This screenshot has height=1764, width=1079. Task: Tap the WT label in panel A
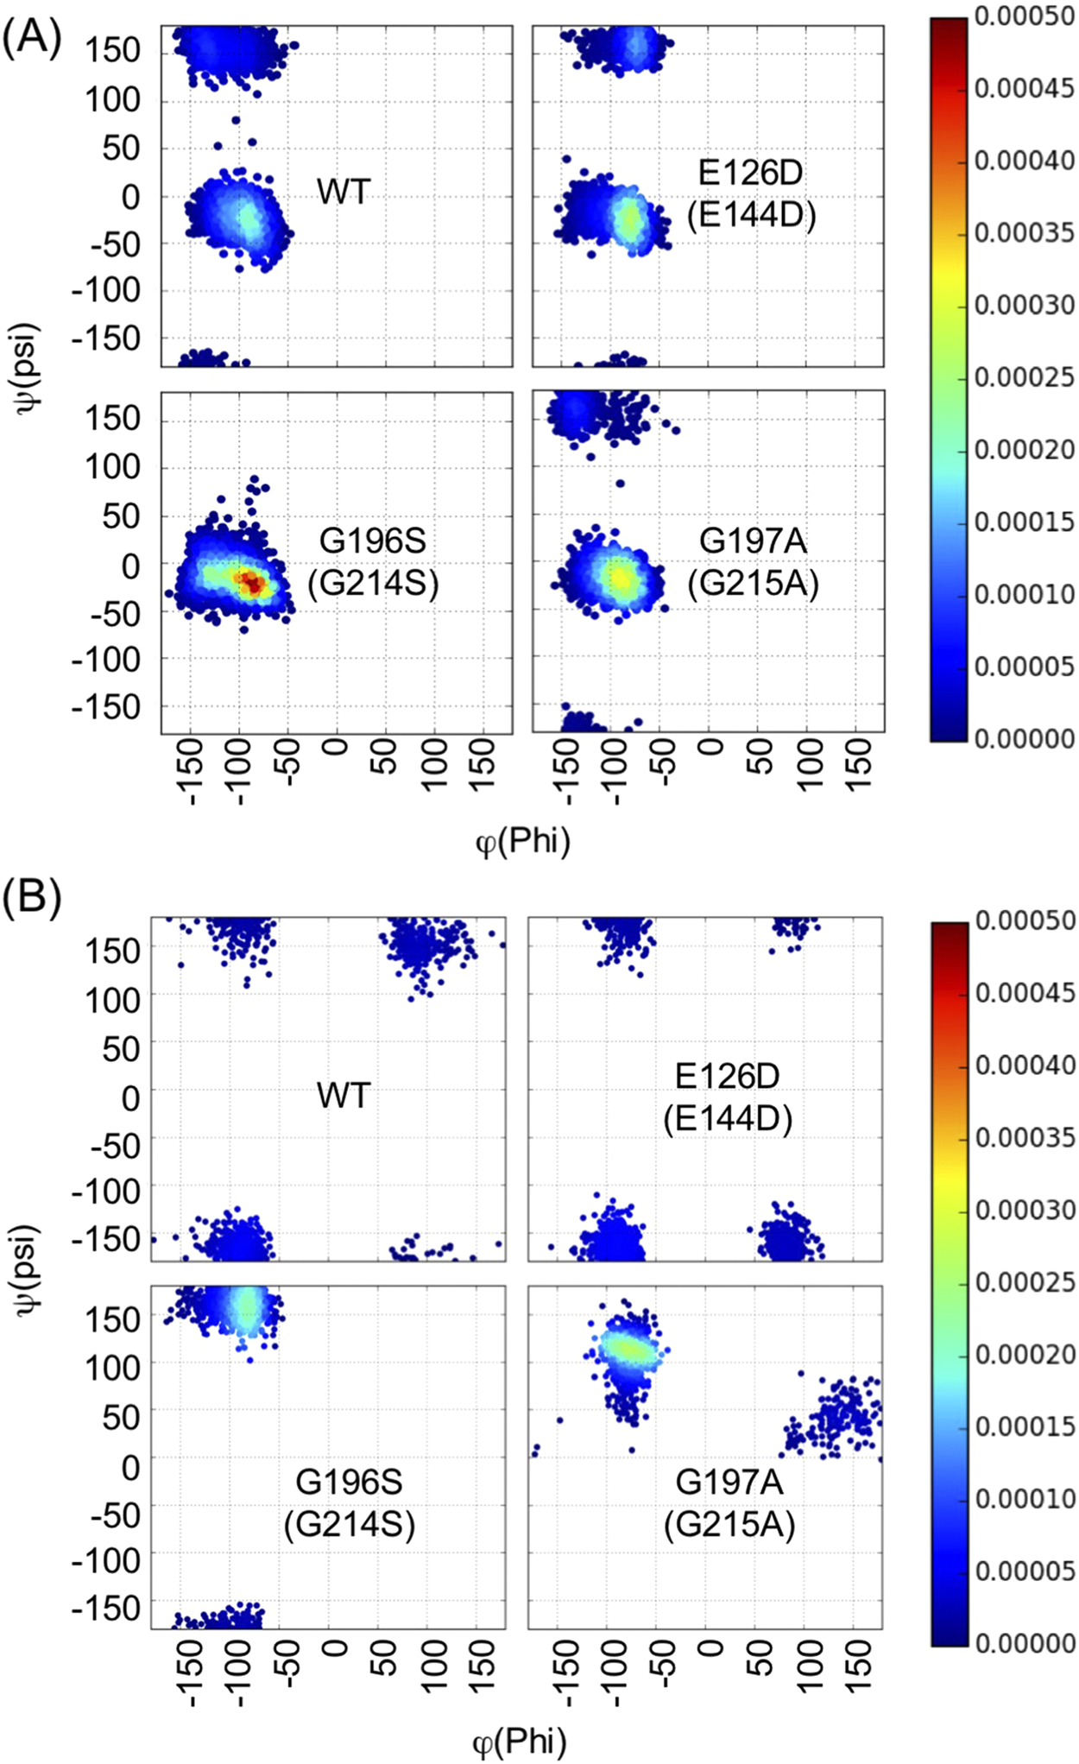(x=343, y=192)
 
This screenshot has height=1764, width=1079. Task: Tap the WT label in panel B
(x=343, y=1096)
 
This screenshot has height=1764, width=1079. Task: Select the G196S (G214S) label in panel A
(x=373, y=562)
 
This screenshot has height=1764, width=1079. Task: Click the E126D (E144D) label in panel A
(x=751, y=194)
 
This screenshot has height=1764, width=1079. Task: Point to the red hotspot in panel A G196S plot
(x=251, y=583)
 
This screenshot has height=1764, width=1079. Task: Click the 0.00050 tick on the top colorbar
(x=1024, y=16)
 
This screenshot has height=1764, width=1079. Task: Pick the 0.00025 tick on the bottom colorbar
(x=1025, y=1282)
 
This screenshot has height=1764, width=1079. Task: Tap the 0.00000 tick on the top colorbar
(x=1024, y=738)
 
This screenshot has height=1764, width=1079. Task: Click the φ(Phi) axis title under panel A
(x=523, y=840)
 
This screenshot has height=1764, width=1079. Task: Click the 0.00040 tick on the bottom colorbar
(x=1025, y=1065)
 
